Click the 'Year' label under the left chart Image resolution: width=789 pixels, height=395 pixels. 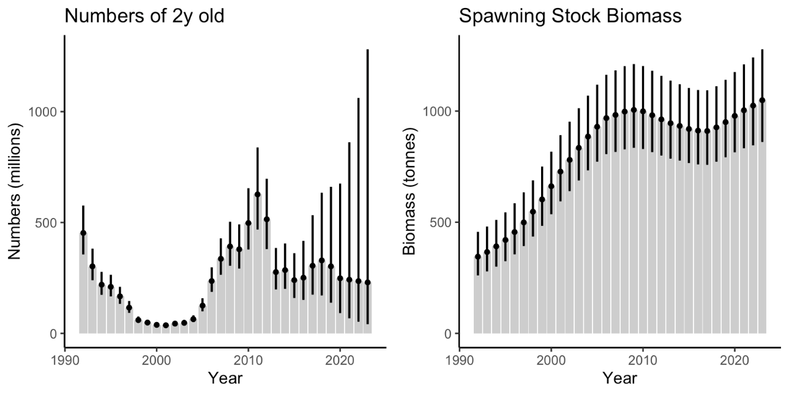click(x=225, y=378)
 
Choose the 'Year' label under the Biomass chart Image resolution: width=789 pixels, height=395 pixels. click(x=619, y=378)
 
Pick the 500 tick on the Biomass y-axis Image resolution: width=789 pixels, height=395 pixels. click(x=442, y=222)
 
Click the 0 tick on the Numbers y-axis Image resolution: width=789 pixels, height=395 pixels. click(x=53, y=334)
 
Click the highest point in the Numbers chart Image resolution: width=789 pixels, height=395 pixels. click(x=257, y=194)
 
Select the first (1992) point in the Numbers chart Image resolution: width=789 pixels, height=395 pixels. click(x=83, y=233)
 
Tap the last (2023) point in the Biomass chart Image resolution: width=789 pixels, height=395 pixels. click(x=762, y=100)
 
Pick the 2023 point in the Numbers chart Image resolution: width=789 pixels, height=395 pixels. click(x=367, y=282)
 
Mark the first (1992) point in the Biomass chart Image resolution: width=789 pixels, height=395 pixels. click(x=478, y=257)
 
